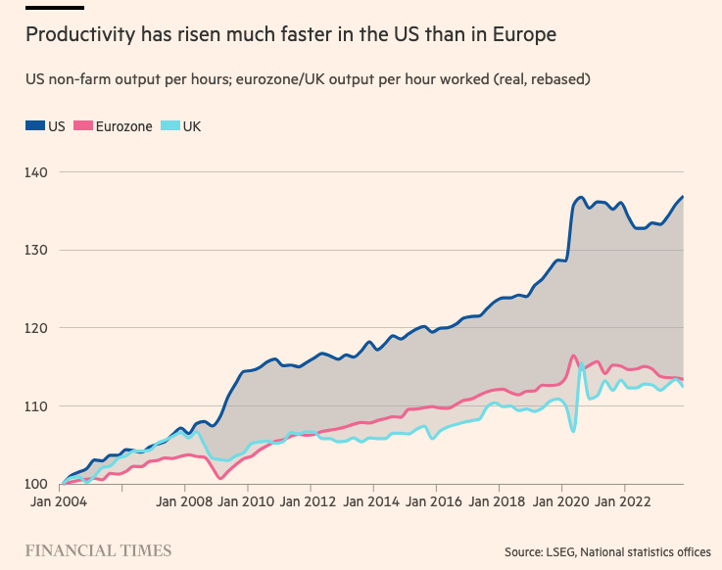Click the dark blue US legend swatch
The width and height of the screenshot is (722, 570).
coord(35,125)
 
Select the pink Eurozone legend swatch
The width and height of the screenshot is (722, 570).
coord(83,125)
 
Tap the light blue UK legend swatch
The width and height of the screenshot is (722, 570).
coord(170,125)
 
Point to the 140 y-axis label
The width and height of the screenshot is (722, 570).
coord(36,172)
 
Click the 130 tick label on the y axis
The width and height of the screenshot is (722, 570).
coord(36,251)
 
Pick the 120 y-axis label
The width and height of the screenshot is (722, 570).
coord(36,328)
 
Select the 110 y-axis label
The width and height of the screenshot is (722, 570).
coord(36,406)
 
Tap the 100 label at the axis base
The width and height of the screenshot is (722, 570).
coord(36,485)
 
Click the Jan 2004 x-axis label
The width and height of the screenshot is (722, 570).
coord(59,501)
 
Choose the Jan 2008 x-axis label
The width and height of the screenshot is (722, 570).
coord(184,501)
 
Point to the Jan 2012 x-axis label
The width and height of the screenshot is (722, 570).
coord(308,501)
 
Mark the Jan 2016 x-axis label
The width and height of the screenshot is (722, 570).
coord(434,501)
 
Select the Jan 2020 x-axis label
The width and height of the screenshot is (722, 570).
coord(560,501)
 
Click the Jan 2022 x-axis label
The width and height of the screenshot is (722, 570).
coord(622,501)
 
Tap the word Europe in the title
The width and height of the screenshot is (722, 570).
coord(524,35)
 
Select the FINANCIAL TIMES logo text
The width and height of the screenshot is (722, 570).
coord(99,550)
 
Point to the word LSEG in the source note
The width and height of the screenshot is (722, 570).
coord(560,552)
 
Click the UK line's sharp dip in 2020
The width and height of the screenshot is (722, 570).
coord(573,431)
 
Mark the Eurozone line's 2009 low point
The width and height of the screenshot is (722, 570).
coord(220,478)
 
